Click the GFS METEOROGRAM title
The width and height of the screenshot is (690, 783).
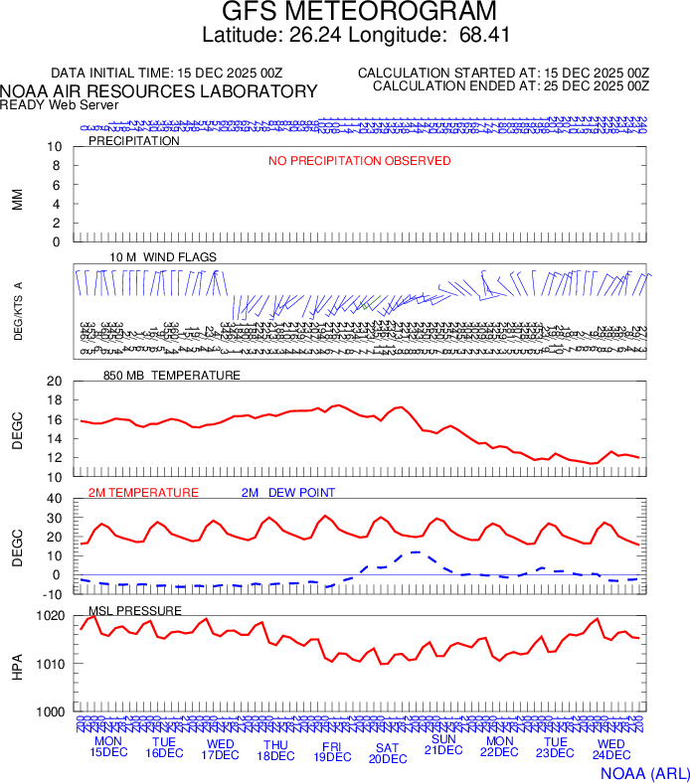358,12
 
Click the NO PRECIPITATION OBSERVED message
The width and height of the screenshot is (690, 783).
359,161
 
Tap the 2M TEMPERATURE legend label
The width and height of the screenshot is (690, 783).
143,493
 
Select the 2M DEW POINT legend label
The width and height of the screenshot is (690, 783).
288,493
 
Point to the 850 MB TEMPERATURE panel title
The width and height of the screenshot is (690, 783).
172,376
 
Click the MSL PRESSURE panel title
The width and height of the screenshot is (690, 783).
135,610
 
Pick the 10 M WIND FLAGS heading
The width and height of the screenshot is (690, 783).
163,257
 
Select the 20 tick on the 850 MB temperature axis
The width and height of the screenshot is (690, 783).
54,382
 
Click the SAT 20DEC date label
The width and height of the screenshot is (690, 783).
388,752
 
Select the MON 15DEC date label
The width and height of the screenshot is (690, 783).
108,746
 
